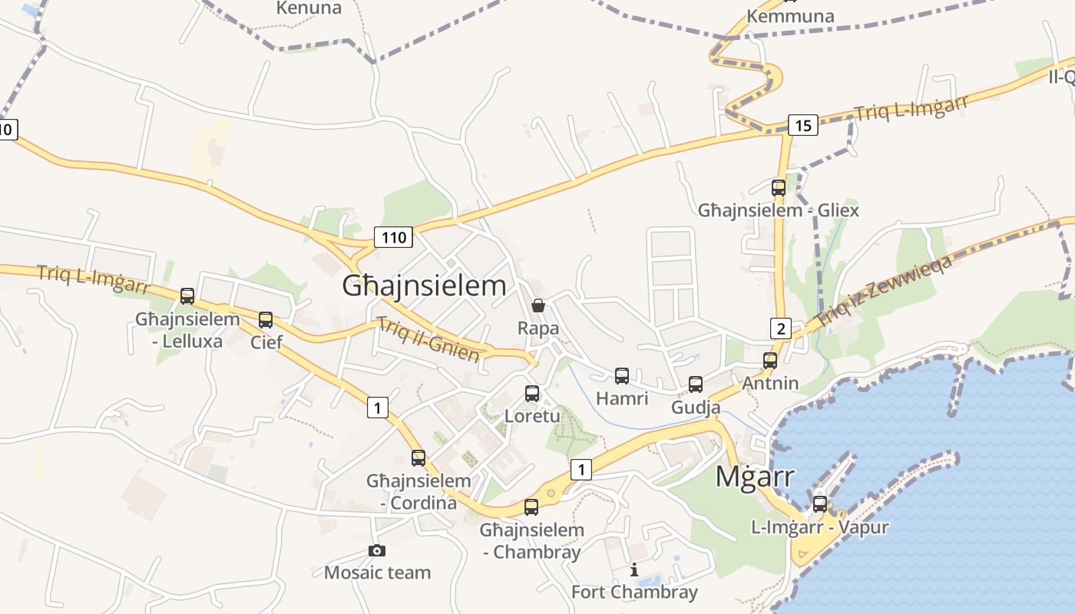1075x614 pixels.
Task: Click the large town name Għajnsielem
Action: pos(424,286)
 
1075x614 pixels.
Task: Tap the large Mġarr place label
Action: pos(755,477)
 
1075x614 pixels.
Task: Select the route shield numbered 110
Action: pos(394,237)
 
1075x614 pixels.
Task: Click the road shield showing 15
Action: pos(802,125)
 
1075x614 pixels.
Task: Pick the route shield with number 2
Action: pos(781,329)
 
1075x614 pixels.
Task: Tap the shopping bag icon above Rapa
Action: pos(538,305)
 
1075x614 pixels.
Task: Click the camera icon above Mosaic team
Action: pos(376,550)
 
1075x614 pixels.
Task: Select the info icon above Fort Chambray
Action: pos(634,569)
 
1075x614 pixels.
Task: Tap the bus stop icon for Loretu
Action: pos(532,394)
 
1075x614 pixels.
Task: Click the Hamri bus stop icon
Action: pos(622,376)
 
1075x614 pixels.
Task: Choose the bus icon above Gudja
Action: pos(696,384)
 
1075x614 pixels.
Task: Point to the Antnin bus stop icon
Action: pos(770,360)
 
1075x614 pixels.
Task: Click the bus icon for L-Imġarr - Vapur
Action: pos(820,504)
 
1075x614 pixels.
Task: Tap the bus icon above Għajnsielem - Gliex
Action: pos(779,187)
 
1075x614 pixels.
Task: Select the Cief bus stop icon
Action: pos(266,319)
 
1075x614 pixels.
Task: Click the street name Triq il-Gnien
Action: pos(428,338)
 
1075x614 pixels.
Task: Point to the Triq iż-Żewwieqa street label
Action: pos(884,290)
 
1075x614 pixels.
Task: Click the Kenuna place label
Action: pos(309,8)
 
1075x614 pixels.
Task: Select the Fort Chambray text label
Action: pos(634,592)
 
